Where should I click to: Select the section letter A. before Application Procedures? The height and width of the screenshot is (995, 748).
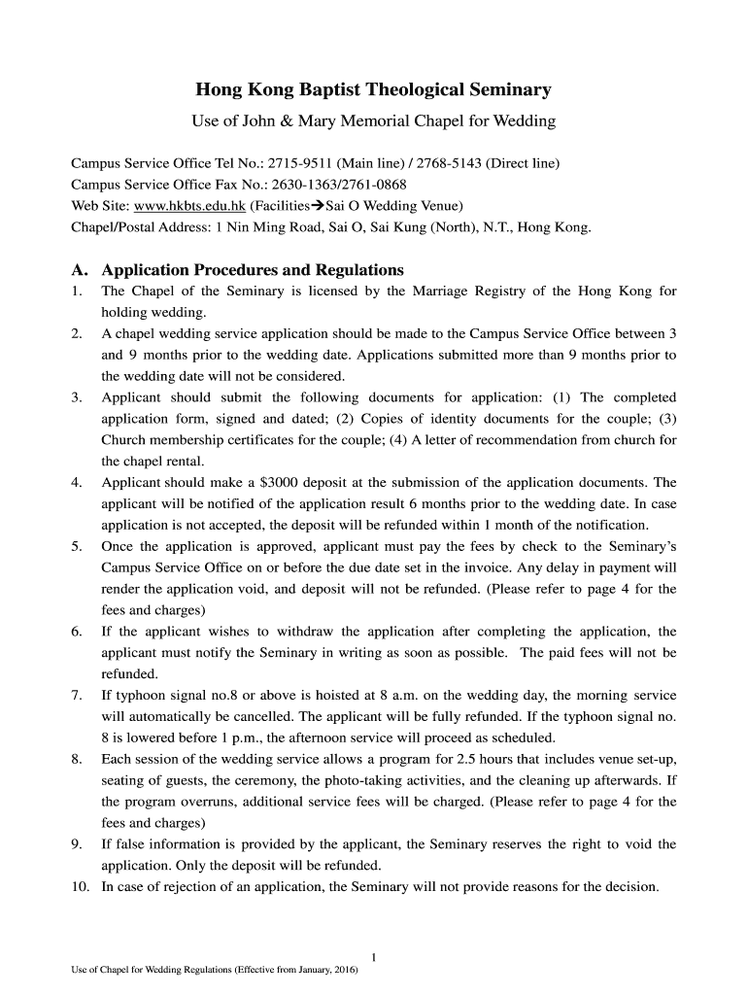[x=79, y=269]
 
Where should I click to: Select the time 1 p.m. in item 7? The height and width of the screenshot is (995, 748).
[x=271, y=738]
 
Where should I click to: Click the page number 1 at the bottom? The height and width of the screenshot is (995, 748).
[x=374, y=956]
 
